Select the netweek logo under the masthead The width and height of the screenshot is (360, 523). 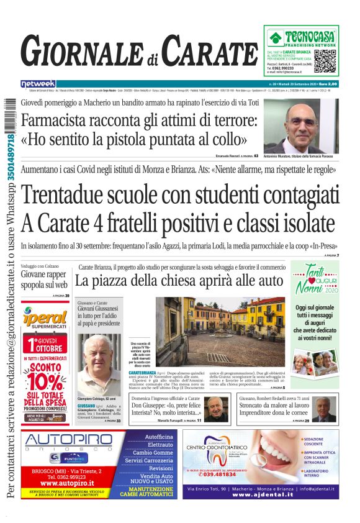coord(38,83)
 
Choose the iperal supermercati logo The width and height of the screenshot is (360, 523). coord(46,316)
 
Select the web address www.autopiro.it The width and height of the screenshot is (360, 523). coord(66,482)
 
